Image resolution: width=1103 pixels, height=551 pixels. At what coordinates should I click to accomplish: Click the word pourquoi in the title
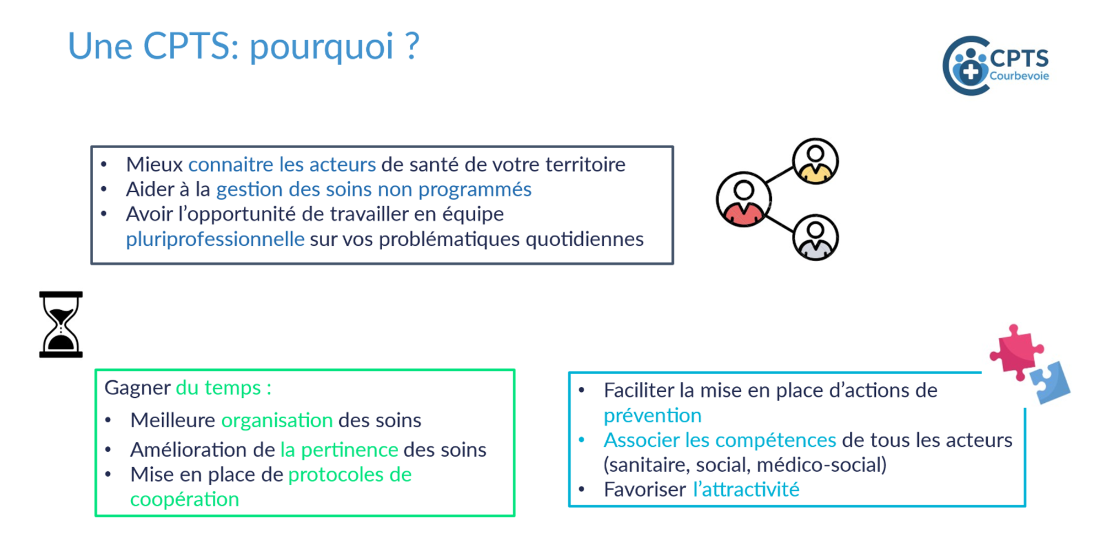322,47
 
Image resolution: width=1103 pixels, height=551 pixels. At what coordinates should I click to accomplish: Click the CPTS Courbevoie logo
996,66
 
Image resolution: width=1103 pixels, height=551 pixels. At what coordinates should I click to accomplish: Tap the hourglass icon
61,325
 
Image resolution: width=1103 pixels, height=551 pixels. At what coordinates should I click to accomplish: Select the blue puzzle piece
1051,382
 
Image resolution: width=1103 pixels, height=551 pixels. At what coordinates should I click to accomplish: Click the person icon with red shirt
743,199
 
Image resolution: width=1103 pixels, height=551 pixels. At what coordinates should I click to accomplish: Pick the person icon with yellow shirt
815,161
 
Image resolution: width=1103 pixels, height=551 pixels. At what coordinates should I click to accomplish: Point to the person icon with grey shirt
815,237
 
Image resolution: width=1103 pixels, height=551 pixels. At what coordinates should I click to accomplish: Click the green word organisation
277,420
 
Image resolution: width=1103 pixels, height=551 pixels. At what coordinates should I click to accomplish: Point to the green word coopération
184,500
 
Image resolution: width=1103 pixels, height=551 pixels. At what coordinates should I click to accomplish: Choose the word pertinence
350,450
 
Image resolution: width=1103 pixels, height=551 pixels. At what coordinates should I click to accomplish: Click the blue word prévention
652,415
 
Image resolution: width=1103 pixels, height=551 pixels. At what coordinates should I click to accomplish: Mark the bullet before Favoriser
581,489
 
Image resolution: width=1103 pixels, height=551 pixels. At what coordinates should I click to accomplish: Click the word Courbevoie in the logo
1019,76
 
